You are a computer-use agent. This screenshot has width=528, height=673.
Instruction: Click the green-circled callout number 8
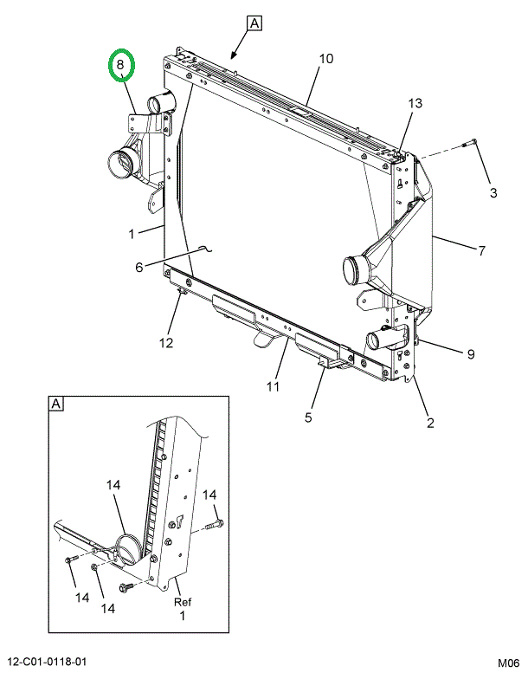pyautogui.click(x=120, y=65)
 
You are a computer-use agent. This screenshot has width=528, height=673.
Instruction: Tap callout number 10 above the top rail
pyautogui.click(x=326, y=58)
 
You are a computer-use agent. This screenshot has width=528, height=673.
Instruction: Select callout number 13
pyautogui.click(x=415, y=103)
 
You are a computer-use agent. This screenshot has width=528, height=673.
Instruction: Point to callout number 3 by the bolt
pyautogui.click(x=493, y=192)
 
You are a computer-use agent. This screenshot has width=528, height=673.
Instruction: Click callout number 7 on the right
pyautogui.click(x=482, y=250)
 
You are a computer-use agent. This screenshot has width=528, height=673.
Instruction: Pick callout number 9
pyautogui.click(x=471, y=354)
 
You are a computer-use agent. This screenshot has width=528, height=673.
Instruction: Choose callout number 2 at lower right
pyautogui.click(x=431, y=423)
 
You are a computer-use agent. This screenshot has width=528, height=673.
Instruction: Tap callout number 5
pyautogui.click(x=308, y=417)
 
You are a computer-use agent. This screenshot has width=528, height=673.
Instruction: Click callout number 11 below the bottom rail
pyautogui.click(x=273, y=386)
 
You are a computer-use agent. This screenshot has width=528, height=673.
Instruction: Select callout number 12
pyautogui.click(x=166, y=343)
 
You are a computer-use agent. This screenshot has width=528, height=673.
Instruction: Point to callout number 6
pyautogui.click(x=139, y=267)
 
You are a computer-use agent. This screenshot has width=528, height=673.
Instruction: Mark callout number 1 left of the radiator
pyautogui.click(x=132, y=234)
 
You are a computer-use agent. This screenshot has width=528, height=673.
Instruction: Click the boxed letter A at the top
pyautogui.click(x=254, y=23)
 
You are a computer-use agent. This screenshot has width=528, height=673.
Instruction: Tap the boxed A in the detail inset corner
pyautogui.click(x=55, y=404)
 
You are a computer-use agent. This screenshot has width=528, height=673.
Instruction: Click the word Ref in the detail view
pyautogui.click(x=183, y=602)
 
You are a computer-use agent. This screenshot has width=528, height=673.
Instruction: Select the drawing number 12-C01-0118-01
pyautogui.click(x=44, y=662)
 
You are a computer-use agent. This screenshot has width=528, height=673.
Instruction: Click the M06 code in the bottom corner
pyautogui.click(x=508, y=663)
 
